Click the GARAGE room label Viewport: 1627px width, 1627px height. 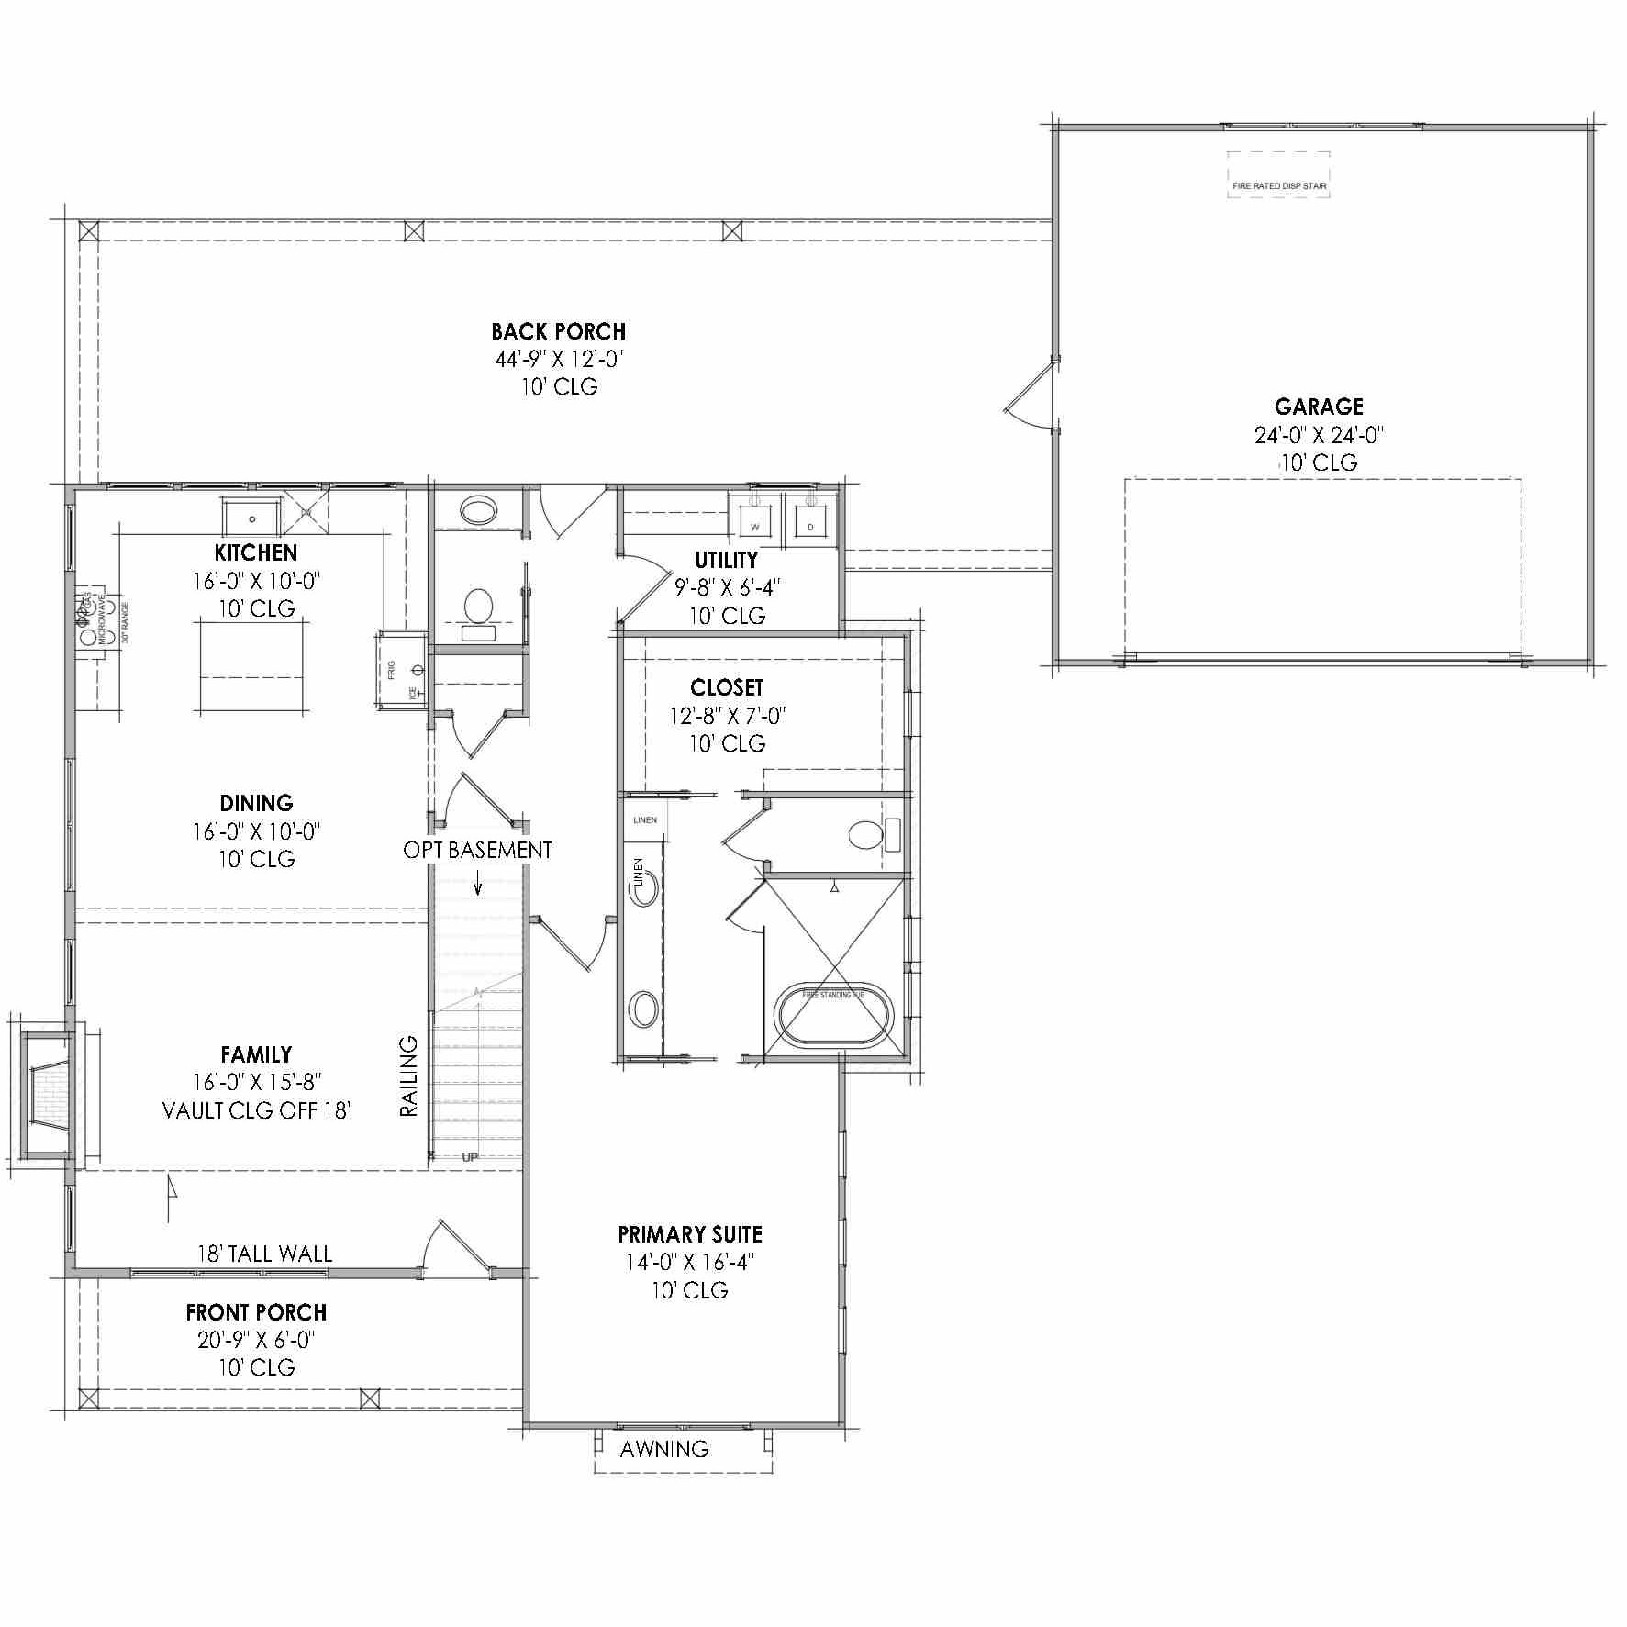point(1319,407)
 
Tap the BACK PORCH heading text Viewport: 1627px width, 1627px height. point(558,331)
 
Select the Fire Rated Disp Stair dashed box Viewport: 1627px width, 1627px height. point(1278,175)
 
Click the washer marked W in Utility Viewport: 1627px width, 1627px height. point(755,519)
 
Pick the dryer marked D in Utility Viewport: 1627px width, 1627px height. point(810,519)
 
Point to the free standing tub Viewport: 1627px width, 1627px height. point(833,1015)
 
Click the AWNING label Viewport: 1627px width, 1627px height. point(664,1449)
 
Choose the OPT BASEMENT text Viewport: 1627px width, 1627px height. point(477,850)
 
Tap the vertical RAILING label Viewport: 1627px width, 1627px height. point(409,1075)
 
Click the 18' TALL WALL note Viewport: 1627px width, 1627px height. point(264,1254)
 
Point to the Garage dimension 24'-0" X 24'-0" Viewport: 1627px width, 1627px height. point(1319,435)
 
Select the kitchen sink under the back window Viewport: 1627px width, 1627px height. point(252,517)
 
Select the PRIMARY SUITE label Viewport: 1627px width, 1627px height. point(690,1234)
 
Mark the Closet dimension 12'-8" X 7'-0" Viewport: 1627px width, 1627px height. point(727,716)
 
